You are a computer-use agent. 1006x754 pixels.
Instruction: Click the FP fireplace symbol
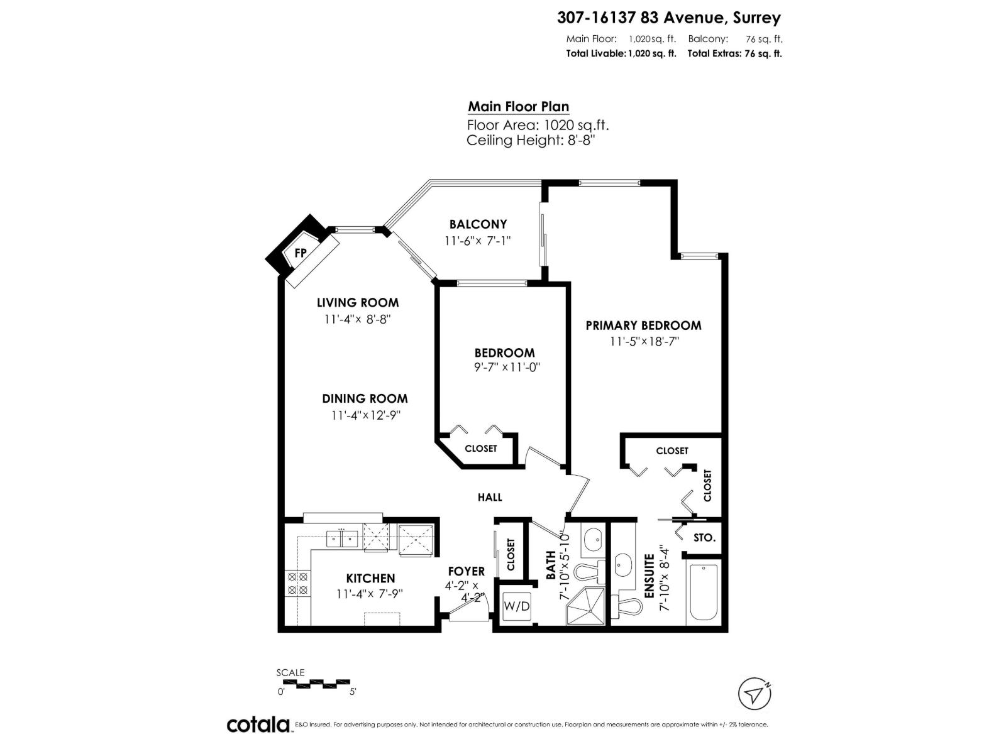[301, 253]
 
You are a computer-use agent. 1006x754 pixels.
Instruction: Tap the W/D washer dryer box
[517, 607]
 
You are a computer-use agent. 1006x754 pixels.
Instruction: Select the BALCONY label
[478, 224]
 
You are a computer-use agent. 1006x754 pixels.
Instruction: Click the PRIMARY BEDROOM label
[643, 325]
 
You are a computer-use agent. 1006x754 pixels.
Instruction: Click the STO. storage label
[704, 538]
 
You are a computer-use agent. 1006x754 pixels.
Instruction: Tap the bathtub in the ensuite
[704, 593]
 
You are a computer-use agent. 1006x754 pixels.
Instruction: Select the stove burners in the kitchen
[296, 583]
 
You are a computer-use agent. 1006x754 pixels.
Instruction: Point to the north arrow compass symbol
[754, 695]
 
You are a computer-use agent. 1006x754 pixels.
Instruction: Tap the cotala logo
[258, 724]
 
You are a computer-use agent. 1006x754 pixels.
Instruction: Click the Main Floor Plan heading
[518, 107]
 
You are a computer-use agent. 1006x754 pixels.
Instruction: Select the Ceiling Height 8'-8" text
[531, 140]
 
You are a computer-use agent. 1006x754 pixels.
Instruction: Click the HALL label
[490, 498]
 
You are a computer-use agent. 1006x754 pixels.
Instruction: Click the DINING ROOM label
[365, 398]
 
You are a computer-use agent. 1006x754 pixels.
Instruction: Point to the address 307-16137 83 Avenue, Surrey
[669, 18]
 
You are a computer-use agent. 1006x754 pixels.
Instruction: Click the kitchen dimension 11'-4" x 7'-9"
[370, 593]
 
